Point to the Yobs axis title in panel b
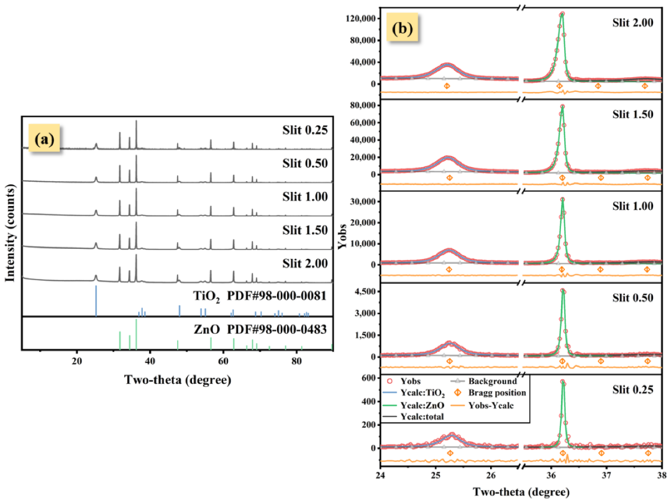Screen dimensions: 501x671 point(343,237)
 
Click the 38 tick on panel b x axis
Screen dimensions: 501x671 point(662,476)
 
